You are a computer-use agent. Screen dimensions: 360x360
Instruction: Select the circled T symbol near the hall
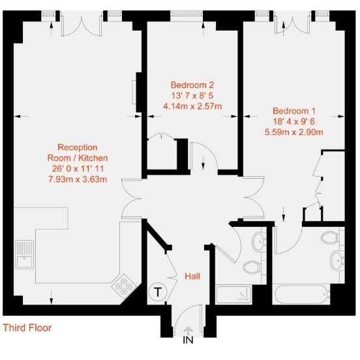[x=157, y=293]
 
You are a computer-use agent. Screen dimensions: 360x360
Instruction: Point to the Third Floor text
[x=27, y=328]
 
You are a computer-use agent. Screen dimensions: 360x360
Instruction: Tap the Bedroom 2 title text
[x=192, y=85]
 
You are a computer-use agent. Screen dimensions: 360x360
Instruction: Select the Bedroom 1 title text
[x=294, y=110]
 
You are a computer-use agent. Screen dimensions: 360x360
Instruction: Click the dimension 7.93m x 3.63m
[x=78, y=179]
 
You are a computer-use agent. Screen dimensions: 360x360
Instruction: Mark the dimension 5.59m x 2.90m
[x=294, y=132]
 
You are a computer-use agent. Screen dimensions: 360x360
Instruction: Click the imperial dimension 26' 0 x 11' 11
[x=78, y=168]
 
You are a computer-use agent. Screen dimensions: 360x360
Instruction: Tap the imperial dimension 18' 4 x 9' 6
[x=294, y=121]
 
